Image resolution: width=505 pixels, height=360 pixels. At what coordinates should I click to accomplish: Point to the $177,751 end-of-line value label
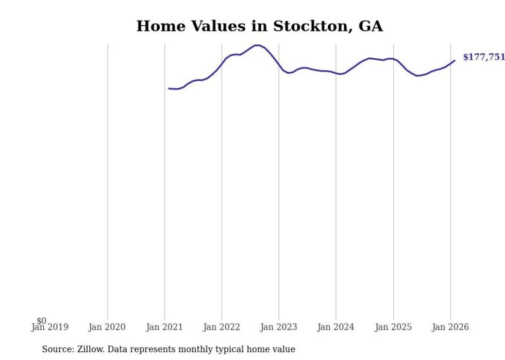click(x=483, y=57)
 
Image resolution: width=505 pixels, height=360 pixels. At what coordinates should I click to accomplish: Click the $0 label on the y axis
click(x=41, y=321)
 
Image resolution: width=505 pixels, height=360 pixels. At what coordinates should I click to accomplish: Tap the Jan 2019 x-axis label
click(x=50, y=327)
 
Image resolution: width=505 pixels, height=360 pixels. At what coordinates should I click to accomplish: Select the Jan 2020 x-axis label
click(x=107, y=327)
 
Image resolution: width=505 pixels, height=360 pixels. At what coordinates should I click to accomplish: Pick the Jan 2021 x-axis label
click(x=164, y=327)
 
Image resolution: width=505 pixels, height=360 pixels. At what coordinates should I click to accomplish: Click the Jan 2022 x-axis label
click(x=222, y=327)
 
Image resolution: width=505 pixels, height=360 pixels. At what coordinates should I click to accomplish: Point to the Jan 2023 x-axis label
click(x=279, y=327)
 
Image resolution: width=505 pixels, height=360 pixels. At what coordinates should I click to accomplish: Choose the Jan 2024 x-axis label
click(x=336, y=327)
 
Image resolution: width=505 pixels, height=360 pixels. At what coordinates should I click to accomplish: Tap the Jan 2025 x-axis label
click(x=393, y=327)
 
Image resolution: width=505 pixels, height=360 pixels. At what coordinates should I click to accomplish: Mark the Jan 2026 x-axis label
click(x=450, y=327)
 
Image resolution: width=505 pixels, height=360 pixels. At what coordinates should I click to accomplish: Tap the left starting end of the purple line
click(x=169, y=89)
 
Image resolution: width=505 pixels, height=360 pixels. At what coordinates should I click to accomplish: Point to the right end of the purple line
click(x=454, y=60)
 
